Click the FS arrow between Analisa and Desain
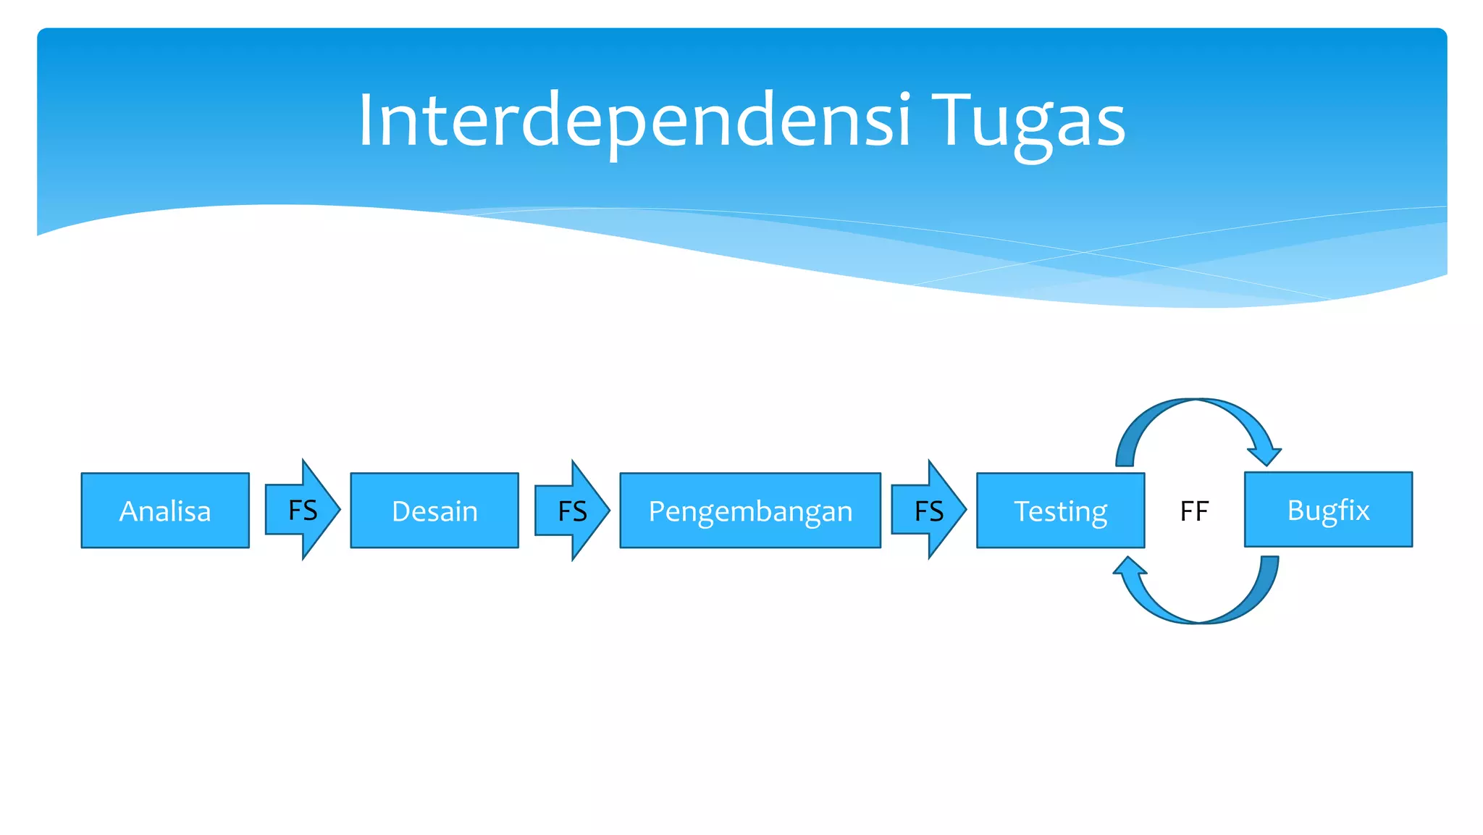302,510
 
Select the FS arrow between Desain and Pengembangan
571,511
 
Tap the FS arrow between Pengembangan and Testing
928,511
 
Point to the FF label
1194,511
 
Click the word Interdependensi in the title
634,121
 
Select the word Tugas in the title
1029,121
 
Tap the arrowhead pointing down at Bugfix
1264,455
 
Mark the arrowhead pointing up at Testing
1129,566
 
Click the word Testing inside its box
1060,511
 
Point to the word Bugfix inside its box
1328,510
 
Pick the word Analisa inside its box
165,511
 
